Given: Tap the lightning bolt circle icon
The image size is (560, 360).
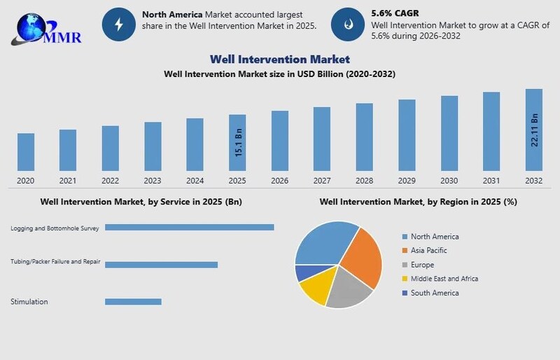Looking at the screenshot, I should [118, 25].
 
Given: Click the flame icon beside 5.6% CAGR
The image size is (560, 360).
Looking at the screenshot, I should [348, 25].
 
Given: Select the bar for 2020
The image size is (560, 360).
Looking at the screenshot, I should [26, 151].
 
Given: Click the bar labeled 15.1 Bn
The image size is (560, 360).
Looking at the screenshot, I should [237, 142].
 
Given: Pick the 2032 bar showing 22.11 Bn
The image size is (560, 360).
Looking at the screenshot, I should [534, 130].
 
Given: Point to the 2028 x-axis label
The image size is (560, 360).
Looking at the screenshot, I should [364, 181].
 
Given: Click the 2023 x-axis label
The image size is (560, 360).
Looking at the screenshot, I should [153, 181].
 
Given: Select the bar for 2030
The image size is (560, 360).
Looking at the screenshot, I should [449, 133].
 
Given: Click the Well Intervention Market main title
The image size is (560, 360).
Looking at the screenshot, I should [279, 60].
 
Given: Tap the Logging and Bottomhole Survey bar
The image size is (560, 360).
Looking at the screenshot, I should [189, 227].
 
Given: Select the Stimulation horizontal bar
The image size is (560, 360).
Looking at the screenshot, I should [133, 302].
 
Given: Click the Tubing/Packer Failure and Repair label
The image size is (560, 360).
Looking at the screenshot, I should [55, 262].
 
